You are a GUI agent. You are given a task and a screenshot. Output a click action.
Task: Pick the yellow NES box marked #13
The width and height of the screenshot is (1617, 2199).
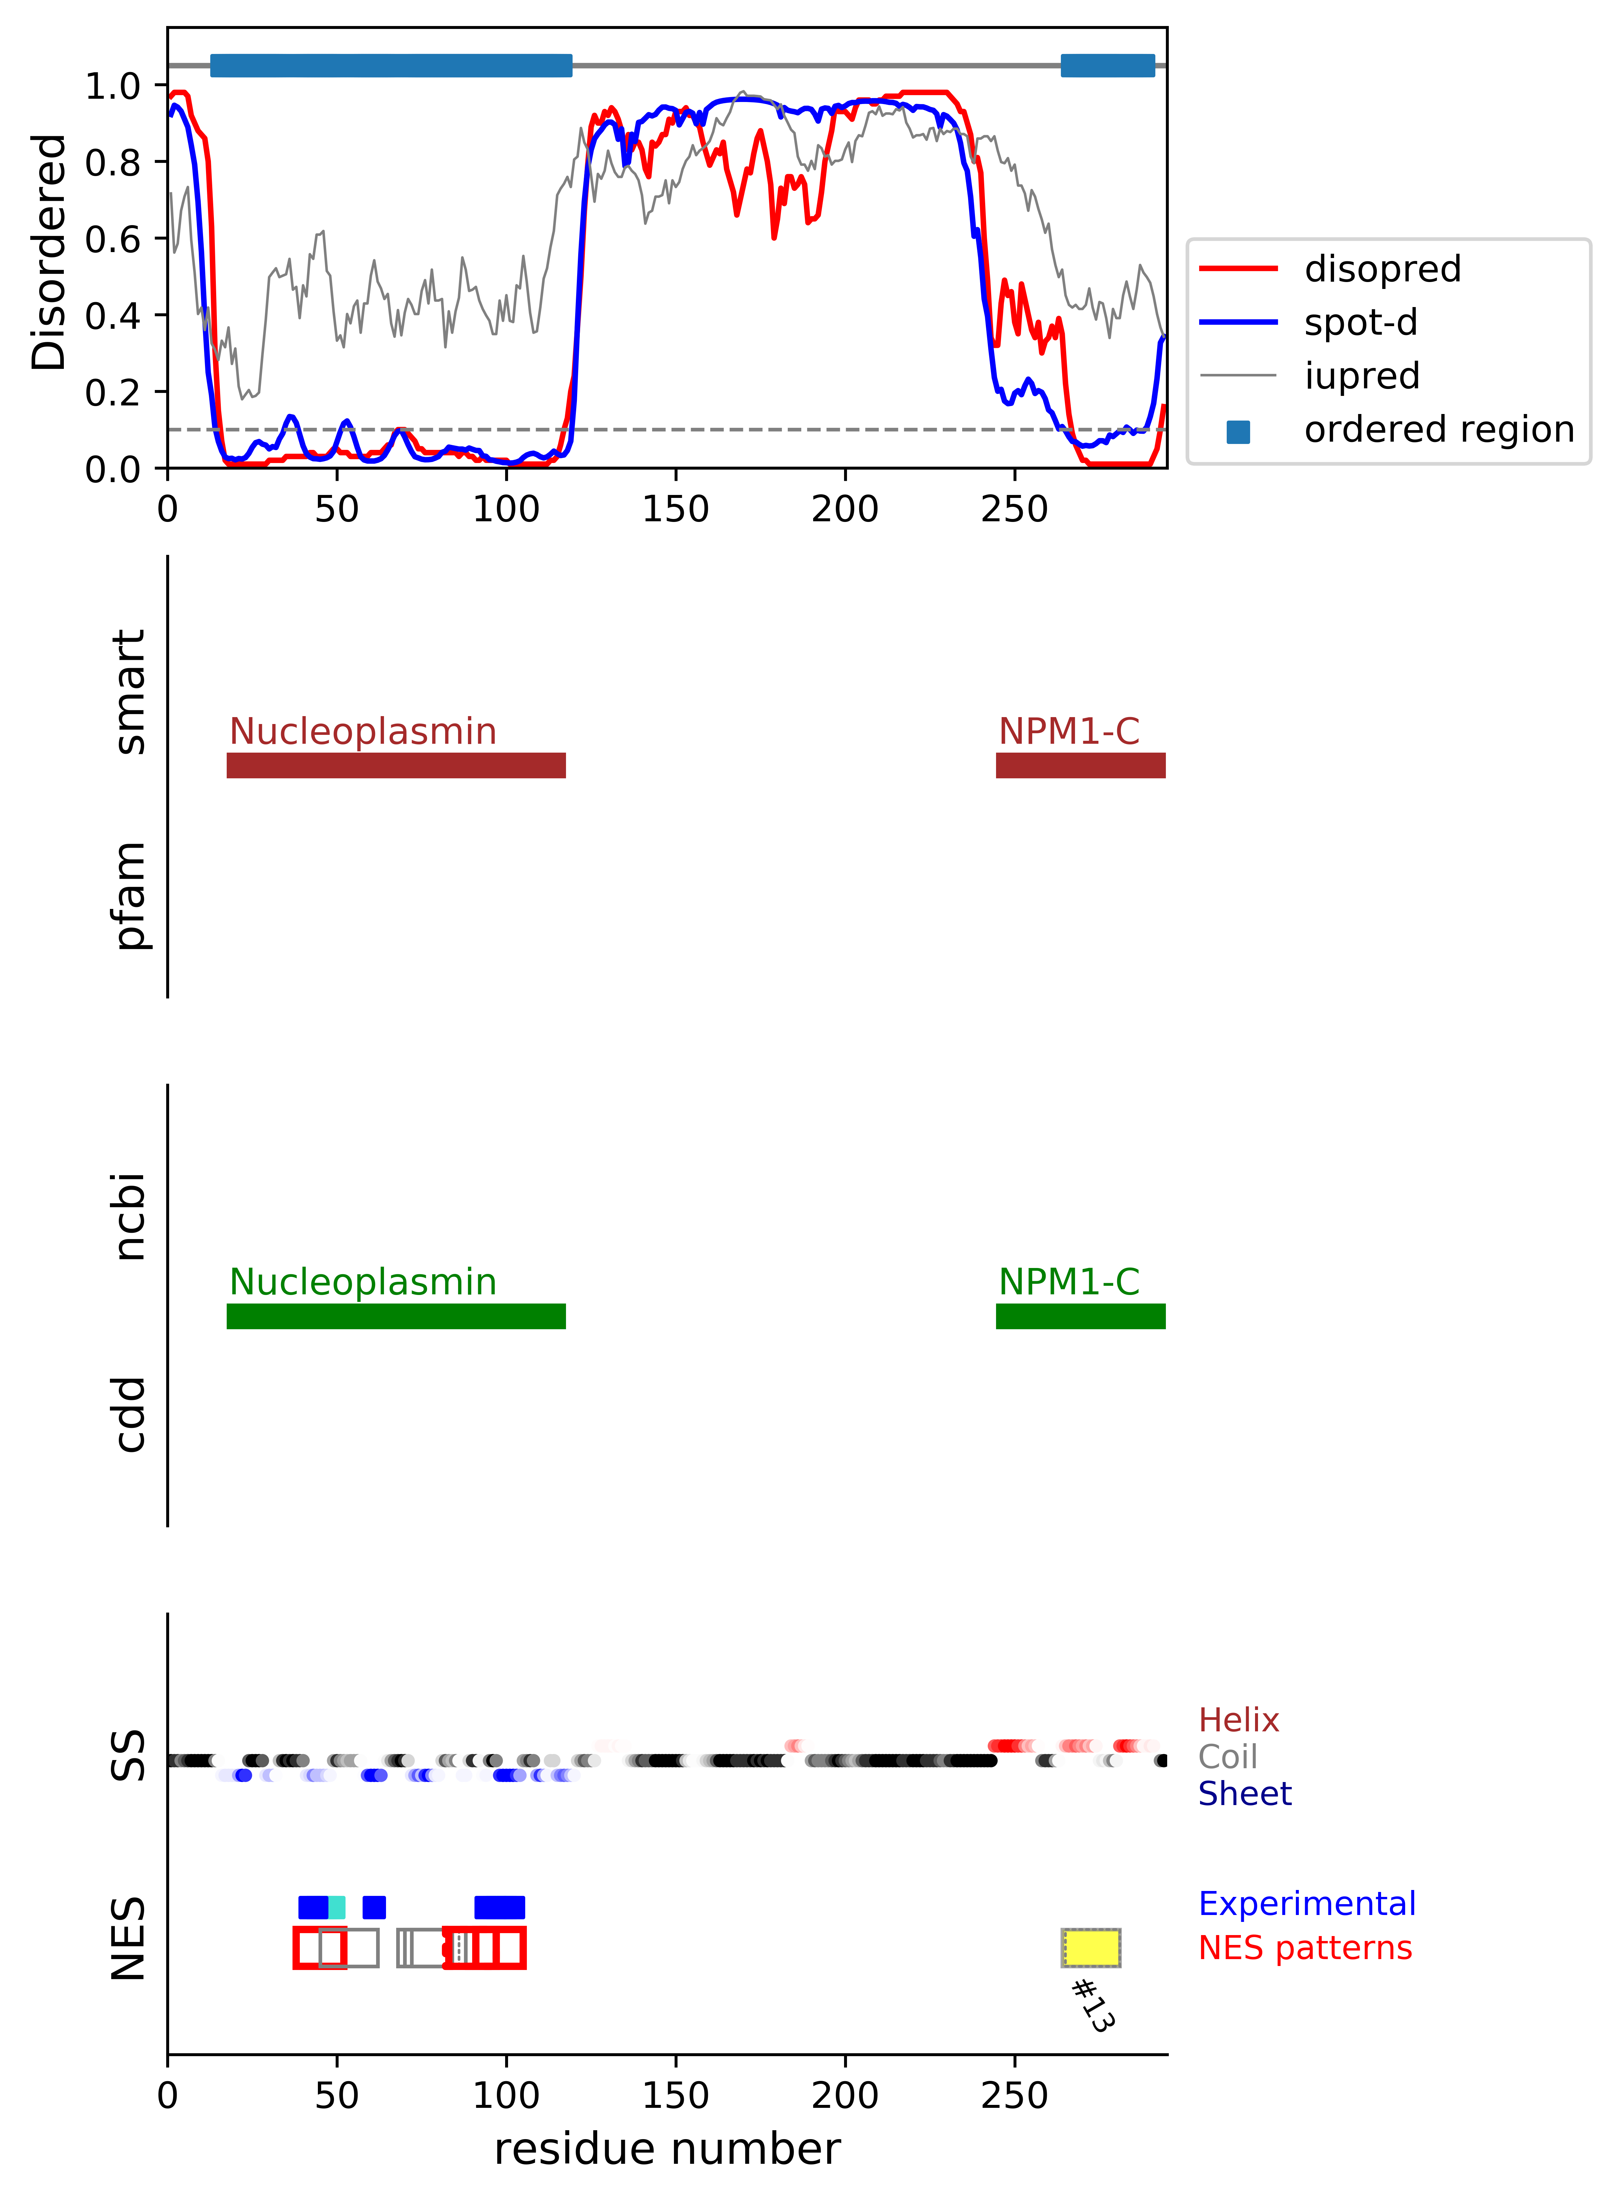point(1091,1948)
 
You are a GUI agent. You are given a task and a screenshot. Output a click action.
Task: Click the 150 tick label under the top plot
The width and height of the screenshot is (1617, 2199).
point(675,509)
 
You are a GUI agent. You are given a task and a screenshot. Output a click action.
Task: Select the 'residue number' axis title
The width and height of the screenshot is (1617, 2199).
point(667,2149)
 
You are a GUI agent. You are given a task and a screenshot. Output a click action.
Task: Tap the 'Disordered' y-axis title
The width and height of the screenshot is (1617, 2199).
point(49,251)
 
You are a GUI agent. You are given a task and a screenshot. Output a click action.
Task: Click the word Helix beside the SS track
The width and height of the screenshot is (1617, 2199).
point(1238,1720)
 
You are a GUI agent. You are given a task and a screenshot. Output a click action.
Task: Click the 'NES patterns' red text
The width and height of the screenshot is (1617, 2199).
point(1305,1948)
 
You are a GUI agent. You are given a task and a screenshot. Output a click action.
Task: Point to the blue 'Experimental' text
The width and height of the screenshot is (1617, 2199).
point(1307,1903)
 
